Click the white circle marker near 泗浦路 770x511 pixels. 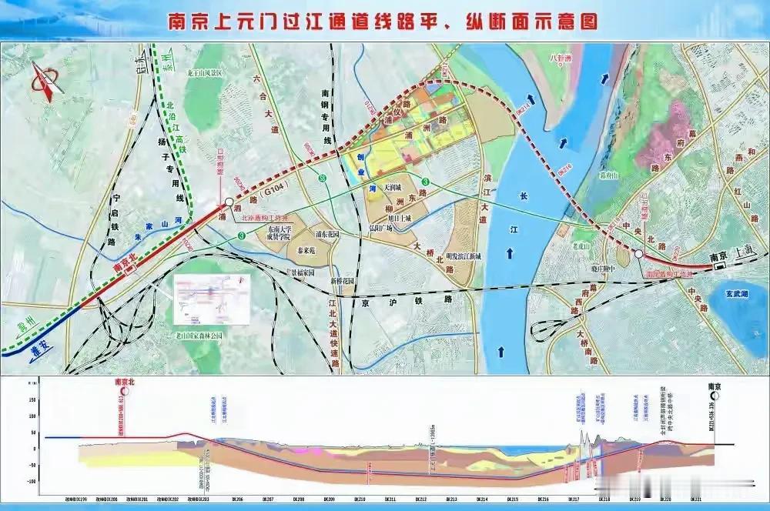229,204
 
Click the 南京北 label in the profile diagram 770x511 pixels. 125,382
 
